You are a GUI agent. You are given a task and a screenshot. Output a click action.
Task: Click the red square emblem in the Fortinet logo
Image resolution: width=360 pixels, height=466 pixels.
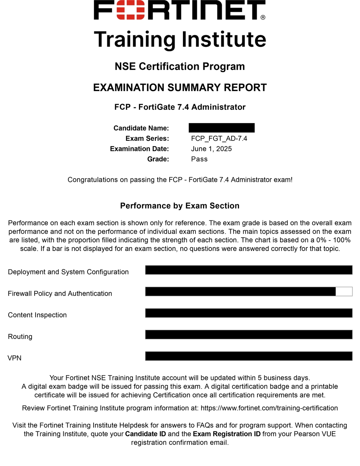126,10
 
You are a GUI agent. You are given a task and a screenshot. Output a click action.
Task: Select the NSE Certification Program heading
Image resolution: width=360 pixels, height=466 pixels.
180,67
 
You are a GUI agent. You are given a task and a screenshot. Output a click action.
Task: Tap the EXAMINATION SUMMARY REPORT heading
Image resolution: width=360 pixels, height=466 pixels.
180,88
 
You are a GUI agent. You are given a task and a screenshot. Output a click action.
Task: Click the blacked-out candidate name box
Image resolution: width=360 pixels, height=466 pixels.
221,128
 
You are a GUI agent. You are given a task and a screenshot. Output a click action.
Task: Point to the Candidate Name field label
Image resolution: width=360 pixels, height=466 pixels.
141,128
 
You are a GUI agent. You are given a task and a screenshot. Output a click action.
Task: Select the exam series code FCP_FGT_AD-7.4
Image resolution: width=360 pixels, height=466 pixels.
219,139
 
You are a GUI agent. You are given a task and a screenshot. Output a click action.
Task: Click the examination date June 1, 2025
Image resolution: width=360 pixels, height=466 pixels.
211,149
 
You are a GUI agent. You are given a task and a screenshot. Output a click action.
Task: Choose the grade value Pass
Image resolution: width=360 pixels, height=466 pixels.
199,159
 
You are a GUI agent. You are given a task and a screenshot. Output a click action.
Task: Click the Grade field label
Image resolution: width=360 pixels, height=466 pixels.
158,159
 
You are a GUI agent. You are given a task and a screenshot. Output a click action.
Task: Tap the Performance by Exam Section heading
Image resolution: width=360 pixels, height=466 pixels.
180,206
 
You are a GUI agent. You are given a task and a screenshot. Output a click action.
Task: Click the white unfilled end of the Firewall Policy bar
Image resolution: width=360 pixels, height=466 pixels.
344,291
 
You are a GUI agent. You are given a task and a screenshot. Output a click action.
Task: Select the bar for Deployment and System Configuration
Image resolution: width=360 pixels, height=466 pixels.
248,270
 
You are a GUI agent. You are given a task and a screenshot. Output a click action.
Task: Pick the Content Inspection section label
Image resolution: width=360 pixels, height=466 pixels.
37,315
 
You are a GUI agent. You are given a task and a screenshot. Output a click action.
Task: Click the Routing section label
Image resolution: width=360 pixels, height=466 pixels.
20,337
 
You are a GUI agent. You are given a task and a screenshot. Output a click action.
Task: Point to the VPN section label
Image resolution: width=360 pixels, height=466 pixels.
14,358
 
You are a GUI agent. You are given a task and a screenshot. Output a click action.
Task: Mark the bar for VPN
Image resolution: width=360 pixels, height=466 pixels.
248,356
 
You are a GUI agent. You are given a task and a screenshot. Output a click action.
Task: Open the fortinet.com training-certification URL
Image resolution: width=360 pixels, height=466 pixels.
269,408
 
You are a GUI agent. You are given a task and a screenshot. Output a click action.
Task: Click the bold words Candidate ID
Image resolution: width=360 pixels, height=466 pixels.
145,434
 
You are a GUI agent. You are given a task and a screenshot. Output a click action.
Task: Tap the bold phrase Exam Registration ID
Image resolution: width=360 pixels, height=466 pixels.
226,434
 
